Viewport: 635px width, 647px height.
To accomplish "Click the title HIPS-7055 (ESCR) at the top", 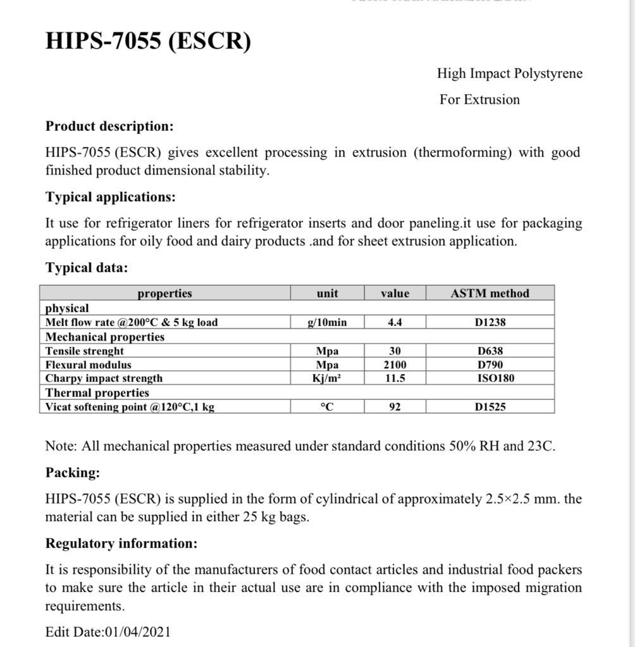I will click(x=148, y=41).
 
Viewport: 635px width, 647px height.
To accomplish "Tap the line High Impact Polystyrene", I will click(x=509, y=73).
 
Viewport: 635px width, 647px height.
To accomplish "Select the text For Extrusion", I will click(x=479, y=99).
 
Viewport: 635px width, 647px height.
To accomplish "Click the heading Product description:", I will click(x=109, y=126).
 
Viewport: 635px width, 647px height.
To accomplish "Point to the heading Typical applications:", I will click(x=111, y=197).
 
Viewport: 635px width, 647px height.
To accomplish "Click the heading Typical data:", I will click(x=87, y=267).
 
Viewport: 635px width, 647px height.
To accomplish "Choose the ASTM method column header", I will click(x=490, y=293).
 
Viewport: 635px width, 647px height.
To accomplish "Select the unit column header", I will click(x=327, y=293).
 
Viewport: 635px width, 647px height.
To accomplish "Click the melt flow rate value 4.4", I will click(x=395, y=322).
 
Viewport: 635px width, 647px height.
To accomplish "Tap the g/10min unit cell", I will click(x=327, y=322).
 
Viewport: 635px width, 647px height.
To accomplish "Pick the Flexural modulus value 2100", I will click(x=395, y=365).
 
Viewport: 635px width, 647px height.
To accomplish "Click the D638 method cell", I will click(x=490, y=351).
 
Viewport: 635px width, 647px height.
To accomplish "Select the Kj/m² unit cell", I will click(x=327, y=378).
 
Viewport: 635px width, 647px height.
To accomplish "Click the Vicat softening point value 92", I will click(x=395, y=407).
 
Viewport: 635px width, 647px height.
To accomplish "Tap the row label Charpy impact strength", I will click(x=104, y=378).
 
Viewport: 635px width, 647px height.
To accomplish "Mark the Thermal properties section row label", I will click(x=97, y=392).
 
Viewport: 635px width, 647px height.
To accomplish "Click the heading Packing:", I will click(x=73, y=473).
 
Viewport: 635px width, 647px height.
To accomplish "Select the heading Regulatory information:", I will click(x=121, y=543).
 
